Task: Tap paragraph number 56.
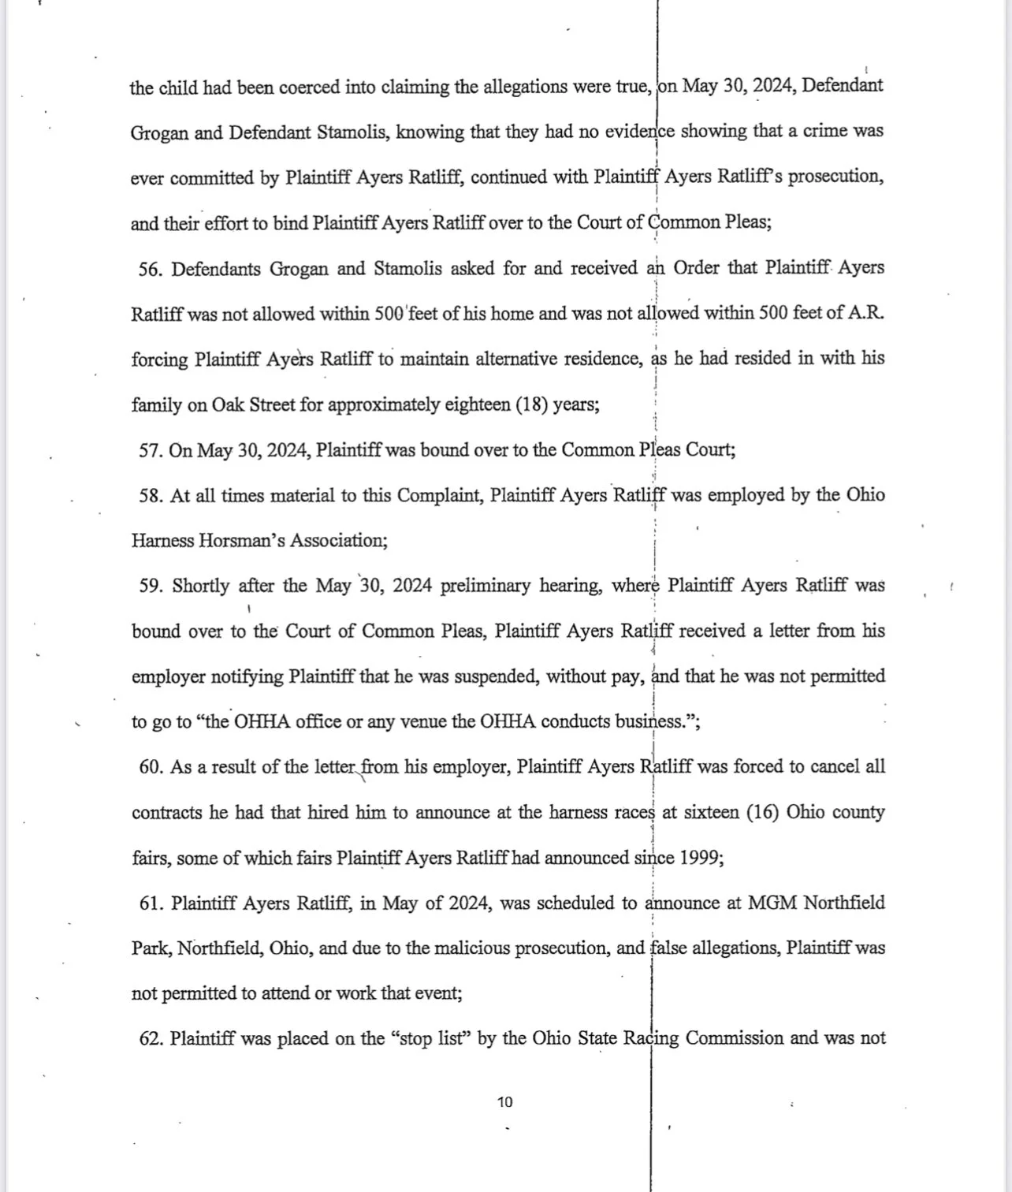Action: [x=150, y=269]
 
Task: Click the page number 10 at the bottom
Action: [x=505, y=1102]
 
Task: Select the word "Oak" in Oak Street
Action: [x=229, y=405]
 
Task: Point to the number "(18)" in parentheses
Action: [x=531, y=405]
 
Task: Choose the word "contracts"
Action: [x=168, y=813]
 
